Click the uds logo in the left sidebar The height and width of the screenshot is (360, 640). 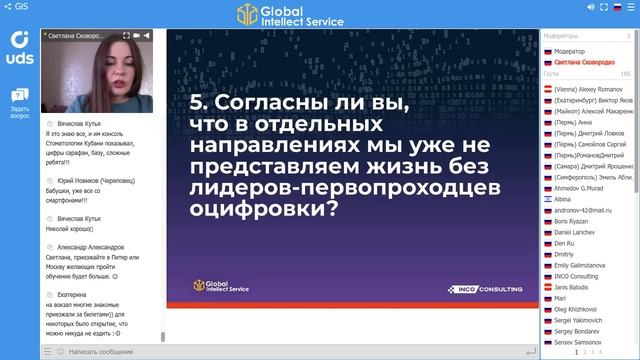19,48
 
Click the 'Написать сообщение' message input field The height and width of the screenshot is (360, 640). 100,351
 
